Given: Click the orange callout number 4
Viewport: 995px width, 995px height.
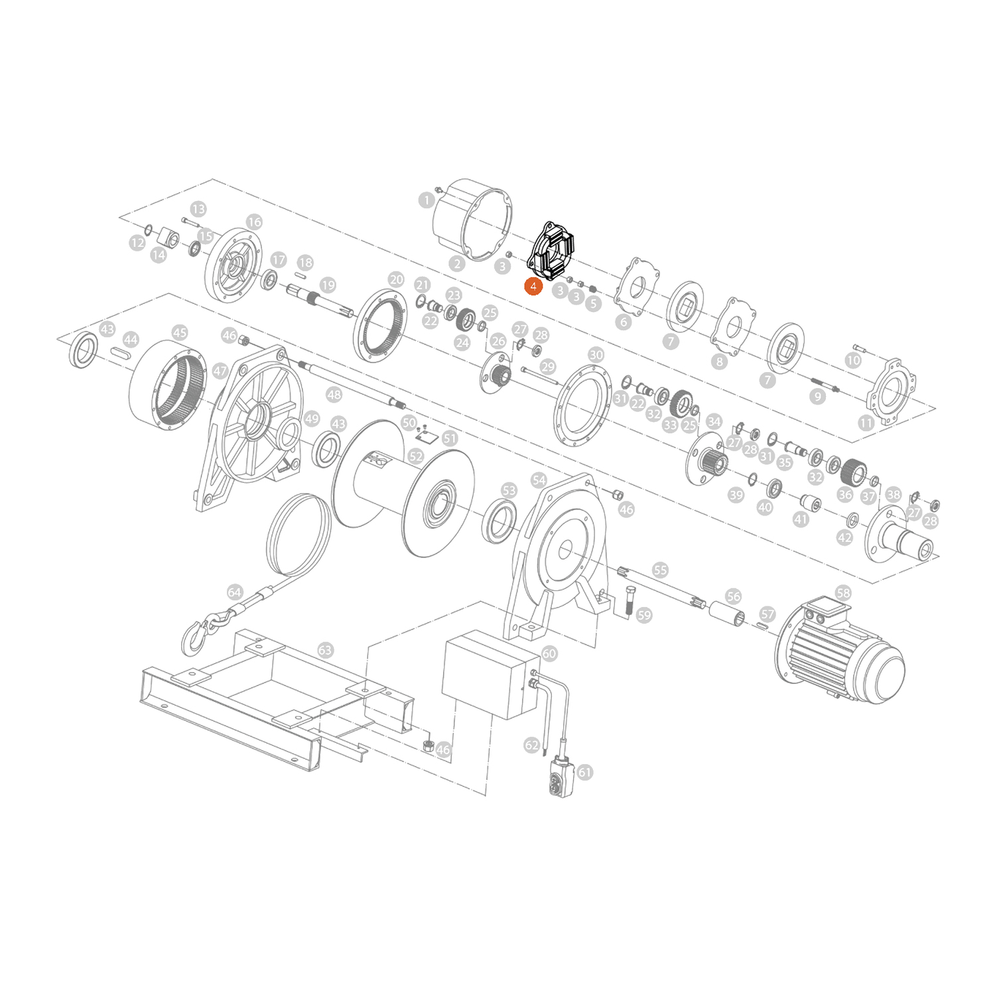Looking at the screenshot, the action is (533, 287).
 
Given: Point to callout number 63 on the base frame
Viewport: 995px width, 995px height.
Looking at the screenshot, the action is (325, 650).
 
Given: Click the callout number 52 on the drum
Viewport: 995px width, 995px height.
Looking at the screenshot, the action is (416, 456).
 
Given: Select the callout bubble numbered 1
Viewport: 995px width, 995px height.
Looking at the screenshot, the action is (427, 200).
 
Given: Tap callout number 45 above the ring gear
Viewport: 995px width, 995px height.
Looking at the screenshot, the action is (180, 332).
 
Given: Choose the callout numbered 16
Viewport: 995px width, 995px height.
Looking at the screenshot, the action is (254, 222).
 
